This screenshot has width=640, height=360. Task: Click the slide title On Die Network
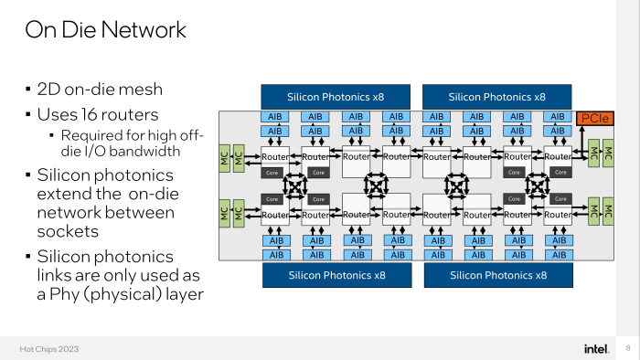pos(105,29)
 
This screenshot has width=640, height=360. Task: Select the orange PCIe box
pos(595,119)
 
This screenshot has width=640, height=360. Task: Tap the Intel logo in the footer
pos(597,348)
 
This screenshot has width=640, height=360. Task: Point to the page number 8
pos(627,348)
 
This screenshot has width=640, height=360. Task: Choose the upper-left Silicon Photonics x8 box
pos(337,96)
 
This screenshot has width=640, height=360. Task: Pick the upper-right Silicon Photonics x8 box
pos(496,96)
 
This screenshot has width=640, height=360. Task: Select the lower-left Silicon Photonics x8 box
pos(337,274)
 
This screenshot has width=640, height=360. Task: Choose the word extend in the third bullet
pos(67,194)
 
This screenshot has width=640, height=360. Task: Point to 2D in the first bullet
pos(48,90)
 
